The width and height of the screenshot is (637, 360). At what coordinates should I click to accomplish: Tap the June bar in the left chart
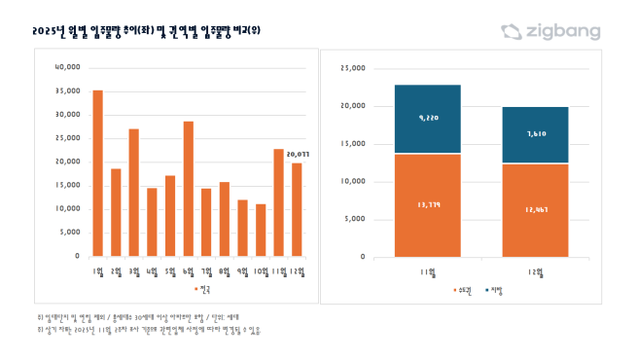click(189, 189)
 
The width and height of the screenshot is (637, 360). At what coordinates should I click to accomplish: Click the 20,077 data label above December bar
click(298, 153)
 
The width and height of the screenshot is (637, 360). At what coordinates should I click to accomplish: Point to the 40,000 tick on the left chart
click(66, 67)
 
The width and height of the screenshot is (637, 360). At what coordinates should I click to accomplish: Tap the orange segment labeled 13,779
click(428, 205)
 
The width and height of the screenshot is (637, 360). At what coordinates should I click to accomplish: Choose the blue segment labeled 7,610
click(535, 135)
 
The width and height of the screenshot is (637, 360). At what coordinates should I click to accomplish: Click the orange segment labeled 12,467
click(535, 210)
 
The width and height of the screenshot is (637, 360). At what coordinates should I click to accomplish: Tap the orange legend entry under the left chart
click(203, 289)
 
